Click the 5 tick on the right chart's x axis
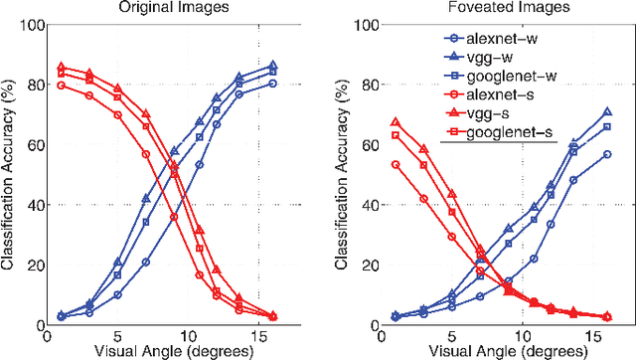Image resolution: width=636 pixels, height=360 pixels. [x=452, y=335]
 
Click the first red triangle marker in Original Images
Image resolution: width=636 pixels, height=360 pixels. [x=62, y=66]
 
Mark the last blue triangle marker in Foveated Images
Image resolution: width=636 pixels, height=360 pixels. [x=606, y=112]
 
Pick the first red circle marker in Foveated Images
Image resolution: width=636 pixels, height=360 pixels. [x=396, y=164]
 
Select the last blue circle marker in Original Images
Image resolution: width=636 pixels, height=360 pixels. [x=273, y=84]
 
